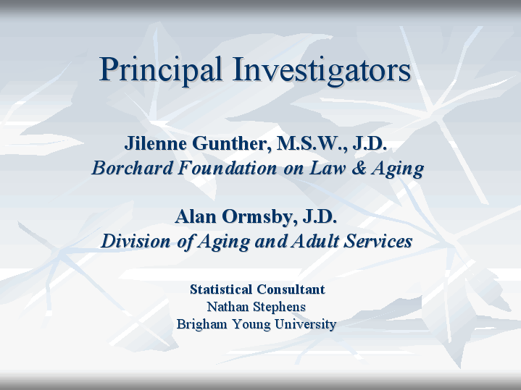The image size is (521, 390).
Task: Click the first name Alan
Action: [x=196, y=216]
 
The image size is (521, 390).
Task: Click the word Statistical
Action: [x=220, y=289]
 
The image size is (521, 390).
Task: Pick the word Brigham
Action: [x=201, y=324]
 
